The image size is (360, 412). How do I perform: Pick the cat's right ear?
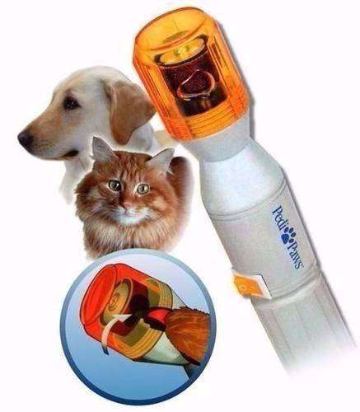tap(162, 157)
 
